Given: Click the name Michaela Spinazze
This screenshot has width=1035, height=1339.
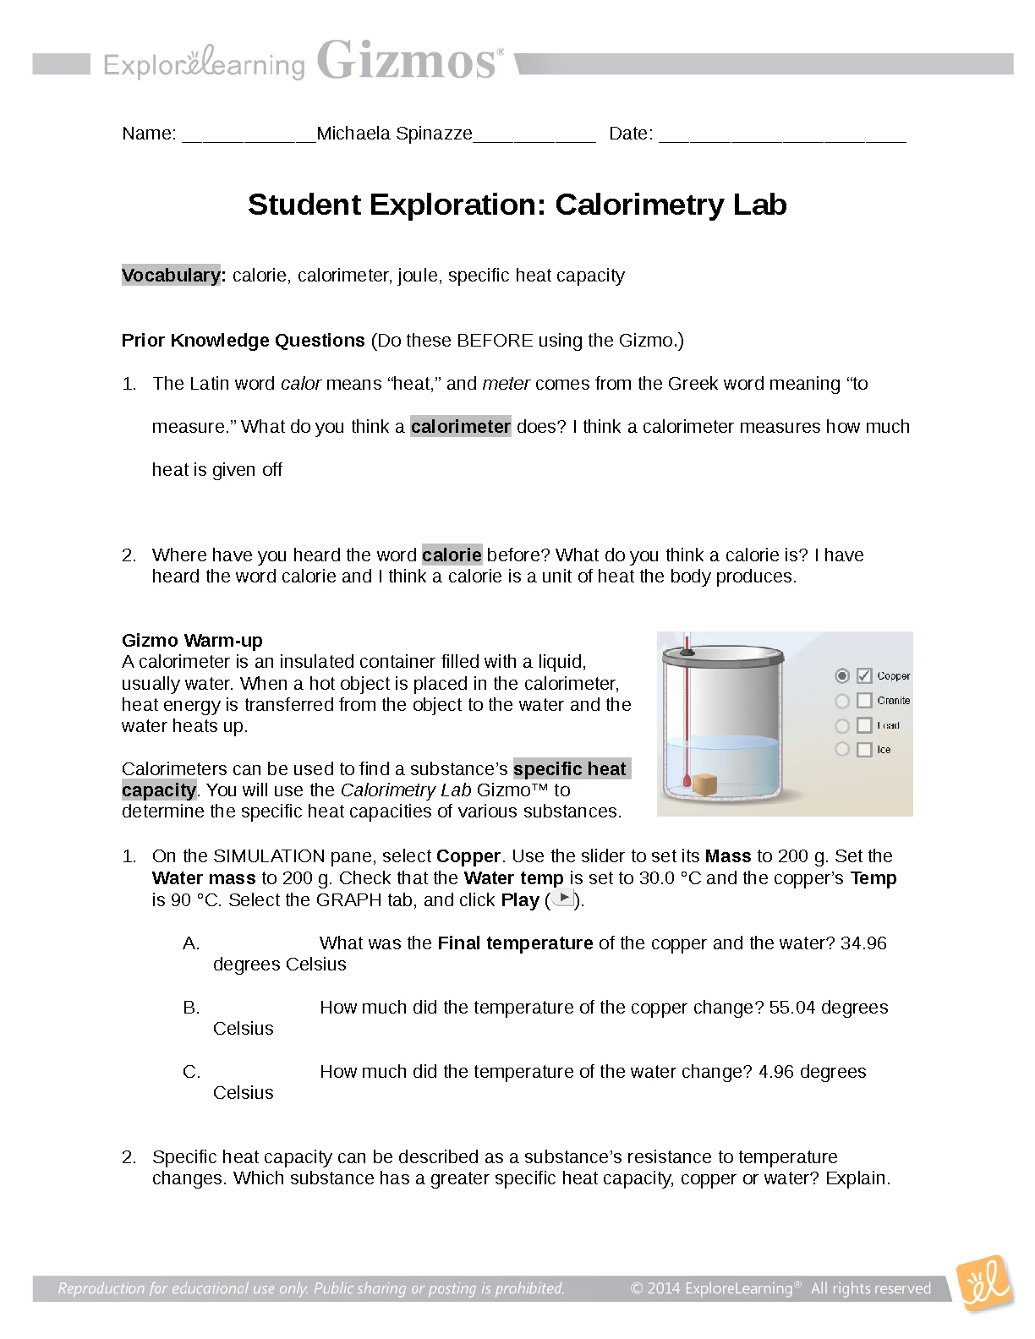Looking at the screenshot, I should coord(394,134).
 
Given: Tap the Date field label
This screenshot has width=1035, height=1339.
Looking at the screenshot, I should coord(631,134).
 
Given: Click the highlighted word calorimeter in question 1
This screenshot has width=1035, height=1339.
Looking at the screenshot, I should coord(461,427).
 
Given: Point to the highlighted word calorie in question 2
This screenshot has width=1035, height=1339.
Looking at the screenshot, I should coord(452,555).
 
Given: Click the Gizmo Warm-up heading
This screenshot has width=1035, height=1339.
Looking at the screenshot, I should coord(192,641).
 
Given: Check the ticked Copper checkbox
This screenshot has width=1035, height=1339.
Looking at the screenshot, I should coord(863,675).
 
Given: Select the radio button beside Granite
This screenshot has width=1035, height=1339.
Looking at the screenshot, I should coord(842,701).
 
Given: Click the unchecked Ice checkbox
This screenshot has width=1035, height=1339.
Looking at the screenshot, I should coord(863,750).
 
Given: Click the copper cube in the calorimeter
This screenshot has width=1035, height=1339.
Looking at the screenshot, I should coord(704,784).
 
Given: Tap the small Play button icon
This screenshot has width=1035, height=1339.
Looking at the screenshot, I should coord(562,899).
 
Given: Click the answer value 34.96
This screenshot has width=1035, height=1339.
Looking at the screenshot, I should coord(863,943).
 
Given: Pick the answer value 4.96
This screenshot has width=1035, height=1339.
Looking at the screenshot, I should coord(776,1072).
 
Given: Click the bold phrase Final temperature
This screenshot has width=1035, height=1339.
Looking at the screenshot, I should coord(515,943).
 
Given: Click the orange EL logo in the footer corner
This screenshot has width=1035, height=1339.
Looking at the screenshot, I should coord(983,1284).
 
